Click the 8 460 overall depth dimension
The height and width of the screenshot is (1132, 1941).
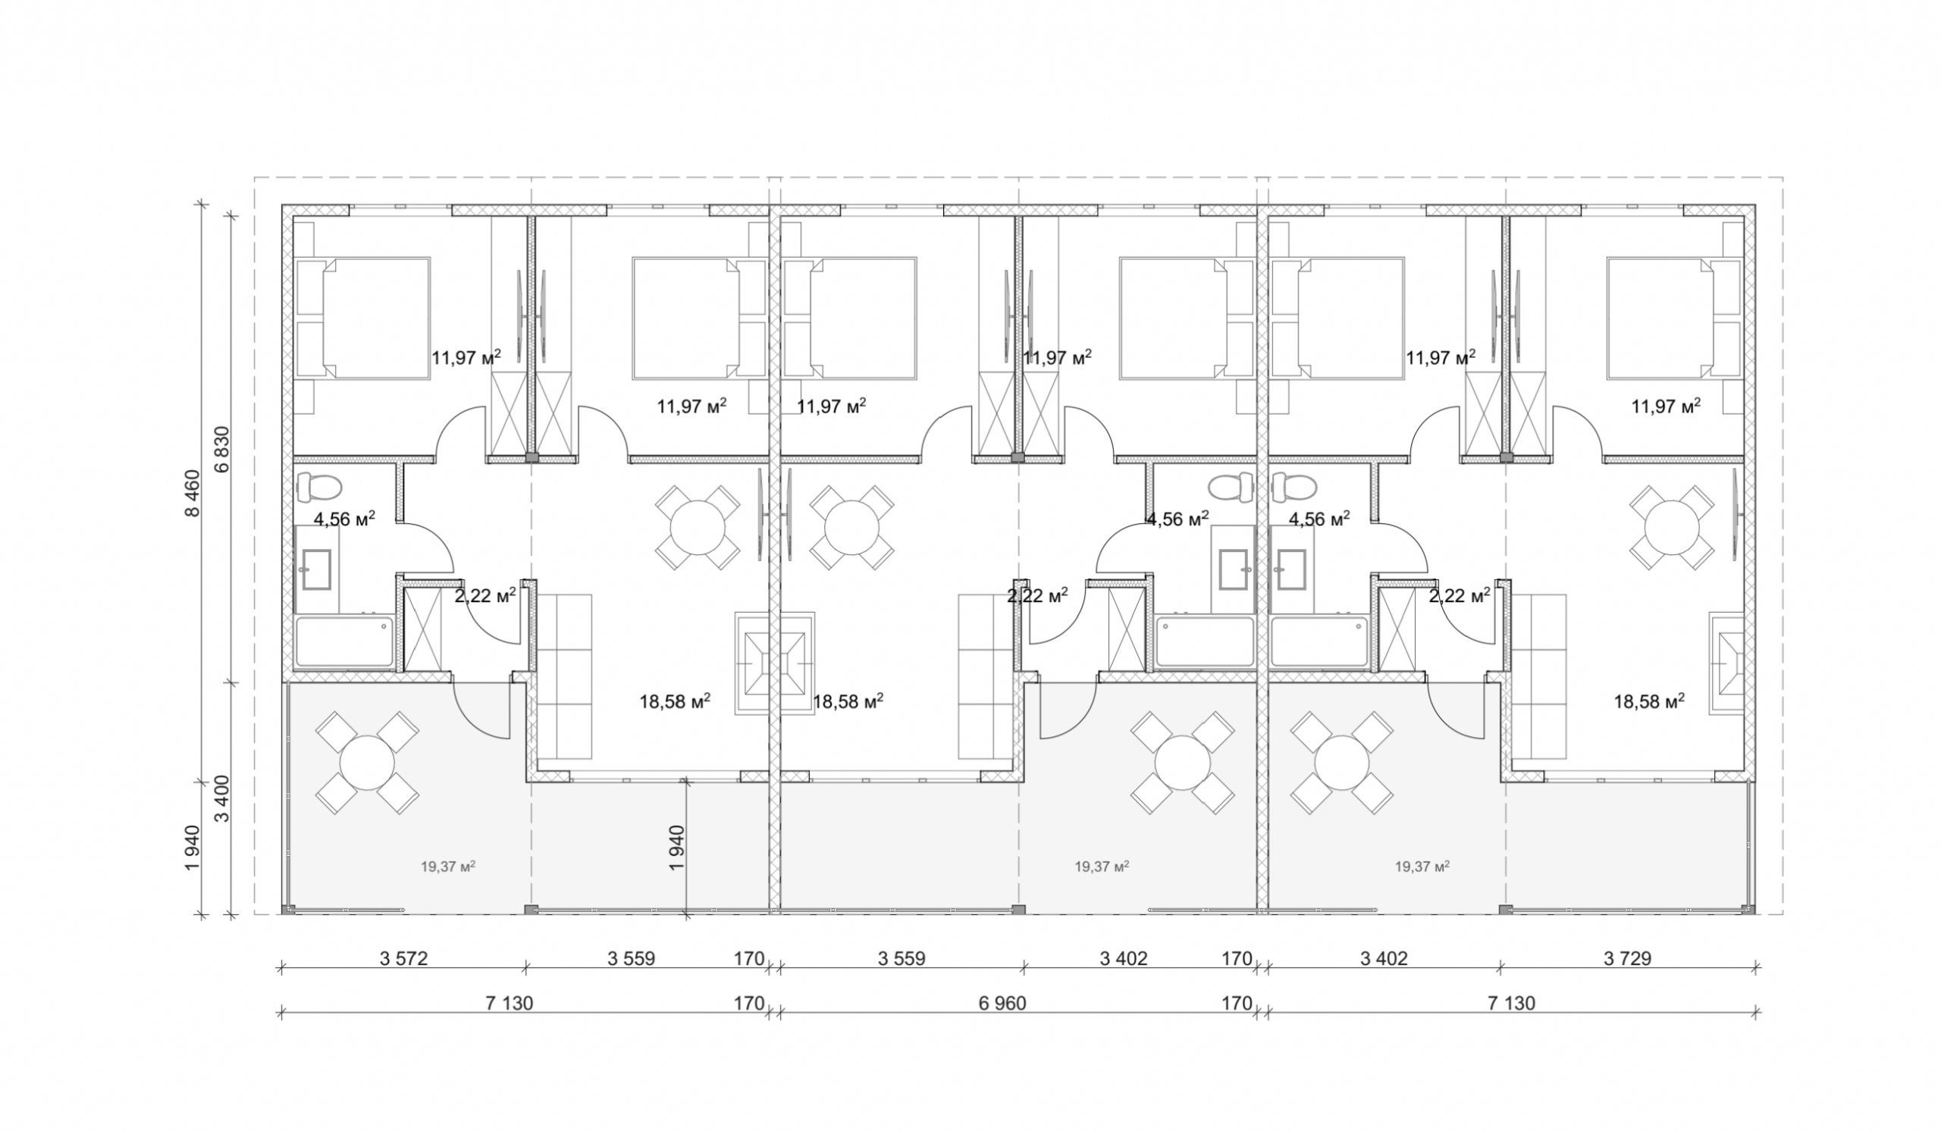(x=192, y=494)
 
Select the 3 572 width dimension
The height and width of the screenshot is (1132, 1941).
(x=403, y=958)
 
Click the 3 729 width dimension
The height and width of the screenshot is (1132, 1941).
(x=1628, y=958)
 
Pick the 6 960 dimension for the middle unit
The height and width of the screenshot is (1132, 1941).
(x=1002, y=1003)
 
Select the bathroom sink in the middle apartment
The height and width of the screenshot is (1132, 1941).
(x=1234, y=569)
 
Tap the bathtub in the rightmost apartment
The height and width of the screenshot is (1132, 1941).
(x=1319, y=641)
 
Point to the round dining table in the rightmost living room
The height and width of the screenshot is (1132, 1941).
(x=1671, y=528)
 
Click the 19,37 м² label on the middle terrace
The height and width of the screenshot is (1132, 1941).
(x=1102, y=867)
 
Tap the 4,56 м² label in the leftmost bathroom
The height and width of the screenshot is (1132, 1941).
(x=344, y=519)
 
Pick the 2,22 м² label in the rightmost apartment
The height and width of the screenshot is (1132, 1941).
(x=1460, y=596)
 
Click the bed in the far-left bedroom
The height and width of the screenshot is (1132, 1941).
(x=362, y=318)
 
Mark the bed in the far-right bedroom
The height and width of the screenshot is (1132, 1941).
(x=1673, y=318)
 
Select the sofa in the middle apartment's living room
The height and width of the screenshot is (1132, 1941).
(x=986, y=676)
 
